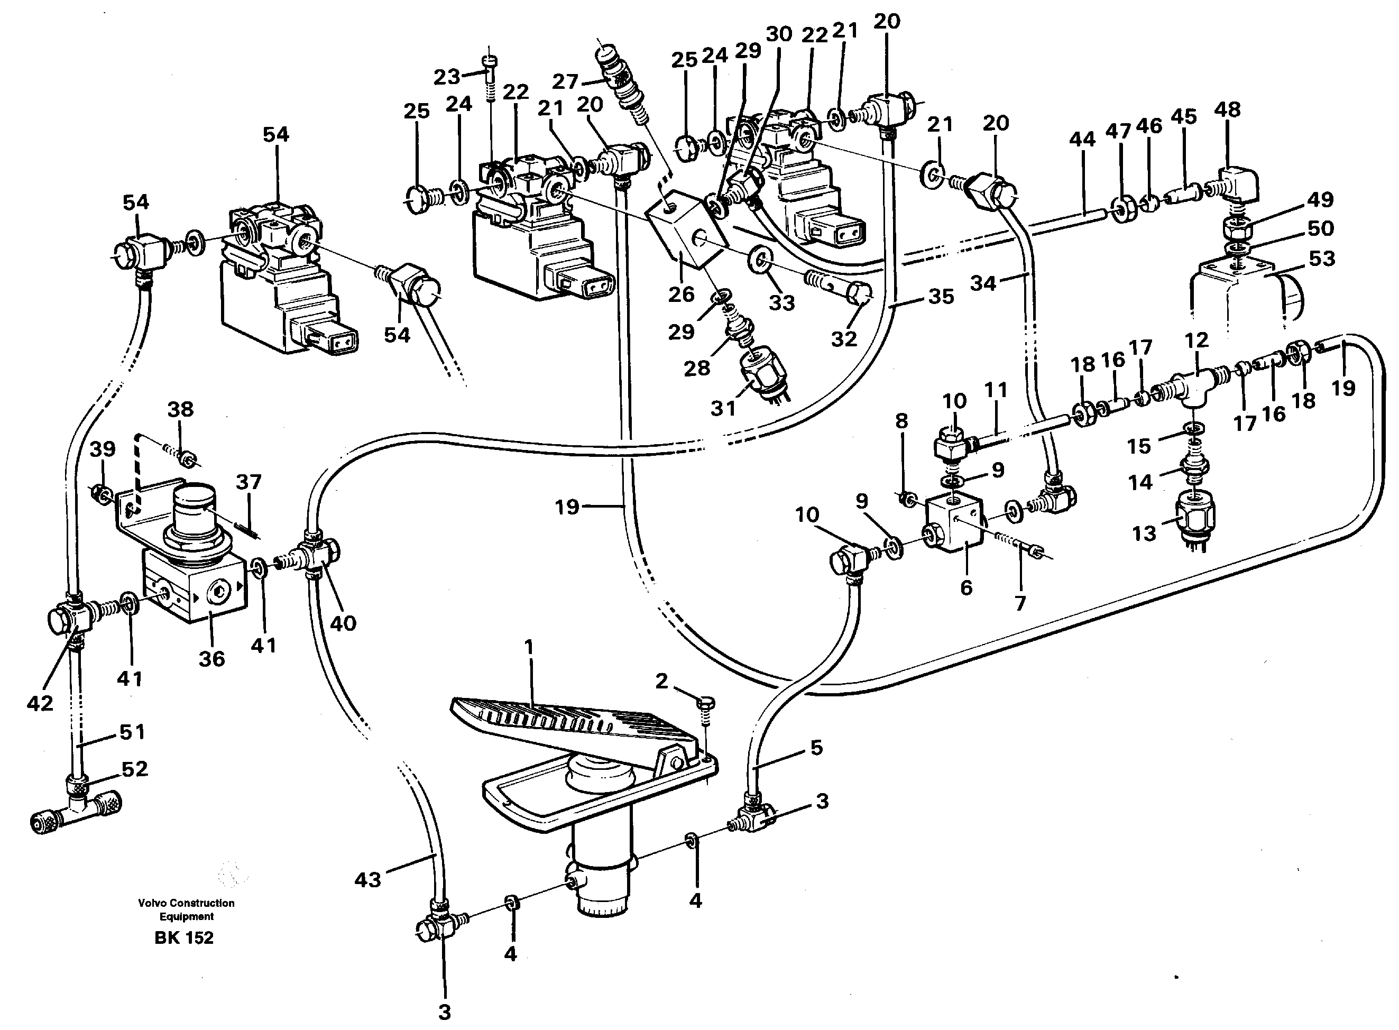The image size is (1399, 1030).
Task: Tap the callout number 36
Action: pos(211,658)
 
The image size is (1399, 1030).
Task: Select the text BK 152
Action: pos(184,937)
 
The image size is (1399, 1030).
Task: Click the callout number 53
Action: pos(1322,257)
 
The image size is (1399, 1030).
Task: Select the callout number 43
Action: pos(367,880)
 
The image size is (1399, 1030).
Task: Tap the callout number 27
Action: pos(565,81)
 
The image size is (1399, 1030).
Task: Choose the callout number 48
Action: pos(1227,110)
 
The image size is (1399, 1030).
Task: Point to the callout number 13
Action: pos(1144,533)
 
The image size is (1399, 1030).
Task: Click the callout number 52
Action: pos(135,769)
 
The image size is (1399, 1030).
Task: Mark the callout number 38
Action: pos(180,409)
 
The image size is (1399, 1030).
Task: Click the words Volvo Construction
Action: pos(187,903)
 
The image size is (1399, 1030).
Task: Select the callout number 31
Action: pos(723,408)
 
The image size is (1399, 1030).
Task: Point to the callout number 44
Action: pos(1082,139)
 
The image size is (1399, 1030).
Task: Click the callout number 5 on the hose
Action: pos(816,747)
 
